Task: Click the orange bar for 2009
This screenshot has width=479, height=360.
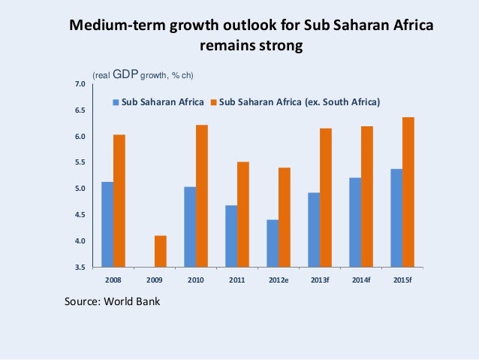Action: coord(161,251)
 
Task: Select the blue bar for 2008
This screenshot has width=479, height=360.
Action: coord(107,224)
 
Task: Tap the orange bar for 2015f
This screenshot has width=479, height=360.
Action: coord(408,192)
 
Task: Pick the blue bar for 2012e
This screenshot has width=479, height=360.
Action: coord(272,243)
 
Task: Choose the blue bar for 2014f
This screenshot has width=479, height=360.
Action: coord(354,222)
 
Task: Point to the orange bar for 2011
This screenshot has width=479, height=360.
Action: coord(243,214)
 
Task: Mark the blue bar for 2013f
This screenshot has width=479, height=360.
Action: coord(313,229)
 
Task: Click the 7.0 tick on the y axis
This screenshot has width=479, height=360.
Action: coord(80,84)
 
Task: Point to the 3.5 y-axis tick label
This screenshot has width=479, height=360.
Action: coord(80,267)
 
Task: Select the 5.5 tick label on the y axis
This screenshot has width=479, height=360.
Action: coord(80,162)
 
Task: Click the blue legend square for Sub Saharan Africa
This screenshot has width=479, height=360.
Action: coord(116,101)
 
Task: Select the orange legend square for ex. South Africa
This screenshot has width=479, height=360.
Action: coord(213,101)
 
